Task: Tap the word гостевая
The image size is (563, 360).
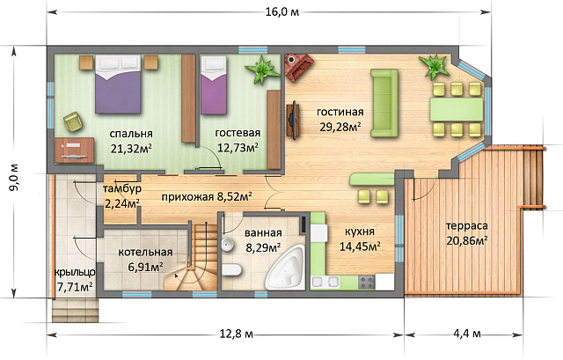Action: (x=237, y=134)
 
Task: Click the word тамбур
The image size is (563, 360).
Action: (x=122, y=189)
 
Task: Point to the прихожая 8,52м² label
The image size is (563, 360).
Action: (x=207, y=197)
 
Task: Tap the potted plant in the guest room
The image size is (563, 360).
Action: (x=261, y=69)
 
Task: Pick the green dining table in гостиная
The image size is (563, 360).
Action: (x=456, y=108)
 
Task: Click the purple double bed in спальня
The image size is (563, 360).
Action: (x=121, y=84)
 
